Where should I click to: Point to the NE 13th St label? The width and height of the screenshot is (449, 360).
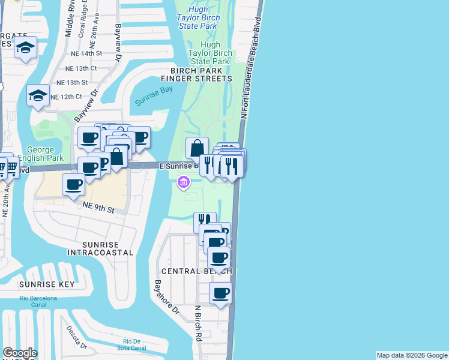(72, 82)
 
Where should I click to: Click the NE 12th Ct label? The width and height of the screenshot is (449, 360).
(66, 97)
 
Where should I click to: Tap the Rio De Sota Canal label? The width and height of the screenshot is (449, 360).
(130, 344)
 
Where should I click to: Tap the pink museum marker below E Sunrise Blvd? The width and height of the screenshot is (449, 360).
(184, 181)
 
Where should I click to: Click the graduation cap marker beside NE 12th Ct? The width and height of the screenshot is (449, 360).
(38, 95)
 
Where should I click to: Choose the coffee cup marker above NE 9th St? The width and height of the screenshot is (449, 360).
(74, 184)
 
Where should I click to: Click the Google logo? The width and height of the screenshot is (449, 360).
(20, 353)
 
